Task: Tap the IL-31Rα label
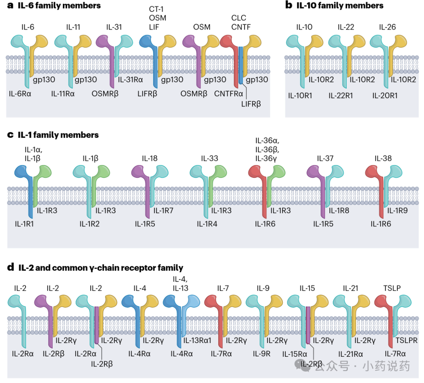pyautogui.click(x=131, y=79)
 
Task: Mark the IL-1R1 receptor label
pyautogui.click(x=25, y=224)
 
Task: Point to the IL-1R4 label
pyautogui.click(x=207, y=224)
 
